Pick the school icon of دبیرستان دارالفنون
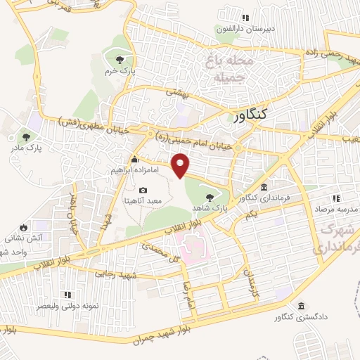point(245,18)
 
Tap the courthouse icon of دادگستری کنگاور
point(302,306)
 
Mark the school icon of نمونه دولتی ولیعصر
point(67,295)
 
